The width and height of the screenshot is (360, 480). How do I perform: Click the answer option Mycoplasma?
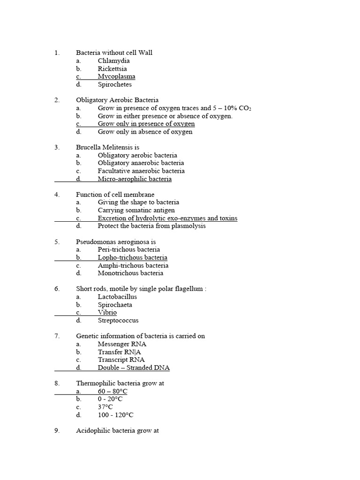pyautogui.click(x=116, y=76)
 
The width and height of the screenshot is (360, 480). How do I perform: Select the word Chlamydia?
pyautogui.click(x=114, y=61)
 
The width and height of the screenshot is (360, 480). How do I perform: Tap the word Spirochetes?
pyautogui.click(x=115, y=85)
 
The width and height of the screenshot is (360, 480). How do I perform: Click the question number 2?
pyautogui.click(x=57, y=100)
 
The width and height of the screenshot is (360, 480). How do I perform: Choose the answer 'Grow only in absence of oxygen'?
pyautogui.click(x=145, y=132)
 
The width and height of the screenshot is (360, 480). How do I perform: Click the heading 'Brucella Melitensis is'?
pyautogui.click(x=107, y=147)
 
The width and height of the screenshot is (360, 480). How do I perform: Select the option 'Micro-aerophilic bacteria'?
pyautogui.click(x=135, y=179)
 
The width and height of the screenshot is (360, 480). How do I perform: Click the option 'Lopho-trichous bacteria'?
pyautogui.click(x=132, y=257)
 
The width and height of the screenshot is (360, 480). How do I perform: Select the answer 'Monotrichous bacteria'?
pyautogui.click(x=130, y=273)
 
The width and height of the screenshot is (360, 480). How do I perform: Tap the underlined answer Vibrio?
pyautogui.click(x=107, y=313)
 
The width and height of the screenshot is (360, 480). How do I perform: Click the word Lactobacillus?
pyautogui.click(x=117, y=297)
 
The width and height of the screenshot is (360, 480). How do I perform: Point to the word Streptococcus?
pyautogui.click(x=118, y=321)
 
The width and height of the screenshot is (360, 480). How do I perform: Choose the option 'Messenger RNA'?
pyautogui.click(x=122, y=344)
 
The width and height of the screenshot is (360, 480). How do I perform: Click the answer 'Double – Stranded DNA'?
pyautogui.click(x=134, y=368)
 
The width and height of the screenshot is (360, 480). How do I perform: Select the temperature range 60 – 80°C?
pyautogui.click(x=112, y=391)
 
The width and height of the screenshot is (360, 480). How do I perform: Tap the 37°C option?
pyautogui.click(x=105, y=407)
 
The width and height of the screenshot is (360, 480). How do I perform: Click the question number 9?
pyautogui.click(x=57, y=430)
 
